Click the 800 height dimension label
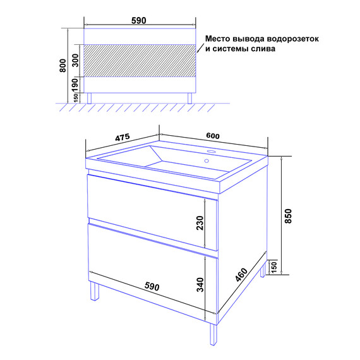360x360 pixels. click(63, 66)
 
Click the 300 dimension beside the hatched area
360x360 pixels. click(76, 60)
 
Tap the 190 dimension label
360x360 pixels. click(75, 85)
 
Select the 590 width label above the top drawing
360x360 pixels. click(139, 21)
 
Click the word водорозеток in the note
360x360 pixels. click(292, 39)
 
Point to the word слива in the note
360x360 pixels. click(263, 49)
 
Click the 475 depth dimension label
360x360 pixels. click(123, 138)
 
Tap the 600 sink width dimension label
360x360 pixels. click(213, 136)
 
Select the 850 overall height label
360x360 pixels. click(288, 216)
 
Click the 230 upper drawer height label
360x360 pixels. click(200, 223)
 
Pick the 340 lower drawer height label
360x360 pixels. click(200, 285)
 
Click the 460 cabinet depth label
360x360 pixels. click(241, 275)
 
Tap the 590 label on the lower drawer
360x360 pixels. click(152, 287)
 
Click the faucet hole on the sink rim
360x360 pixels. click(211, 152)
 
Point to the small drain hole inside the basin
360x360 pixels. click(207, 161)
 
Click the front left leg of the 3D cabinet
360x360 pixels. click(95, 291)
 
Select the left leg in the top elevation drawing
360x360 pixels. click(89, 99)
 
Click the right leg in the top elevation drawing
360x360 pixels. click(189, 99)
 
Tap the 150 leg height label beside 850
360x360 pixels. click(274, 267)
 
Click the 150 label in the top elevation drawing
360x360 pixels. click(76, 98)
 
